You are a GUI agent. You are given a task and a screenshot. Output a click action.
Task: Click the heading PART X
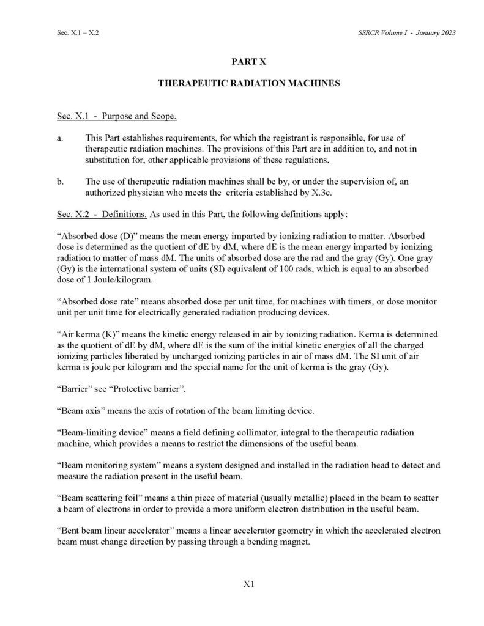click(248, 62)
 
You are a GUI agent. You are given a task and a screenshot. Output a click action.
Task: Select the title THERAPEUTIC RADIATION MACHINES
click(248, 83)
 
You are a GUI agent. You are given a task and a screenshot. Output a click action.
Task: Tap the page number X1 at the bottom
click(248, 584)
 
